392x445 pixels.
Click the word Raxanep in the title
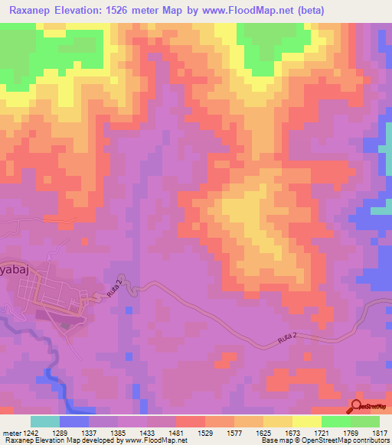click(34, 10)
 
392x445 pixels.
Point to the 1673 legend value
click(293, 432)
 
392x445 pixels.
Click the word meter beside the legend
click(11, 432)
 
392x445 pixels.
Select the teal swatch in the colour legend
click(45, 421)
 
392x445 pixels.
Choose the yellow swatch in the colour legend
click(307, 421)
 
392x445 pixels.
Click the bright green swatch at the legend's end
click(364, 421)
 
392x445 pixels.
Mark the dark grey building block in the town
click(64, 323)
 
